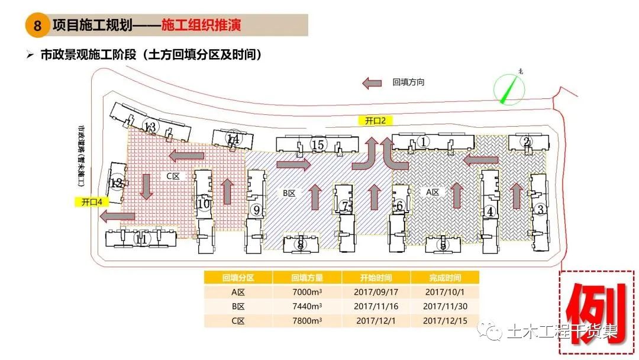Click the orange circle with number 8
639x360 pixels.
point(37,26)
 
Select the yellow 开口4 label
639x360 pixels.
point(92,202)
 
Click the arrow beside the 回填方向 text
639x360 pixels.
point(372,83)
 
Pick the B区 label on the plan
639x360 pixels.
point(289,192)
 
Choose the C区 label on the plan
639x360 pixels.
point(172,176)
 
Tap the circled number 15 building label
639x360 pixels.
point(318,144)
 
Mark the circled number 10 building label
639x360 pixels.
point(204,204)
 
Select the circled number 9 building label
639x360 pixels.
point(257,210)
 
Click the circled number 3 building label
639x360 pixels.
point(540,209)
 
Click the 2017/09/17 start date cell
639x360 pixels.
point(376,292)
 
